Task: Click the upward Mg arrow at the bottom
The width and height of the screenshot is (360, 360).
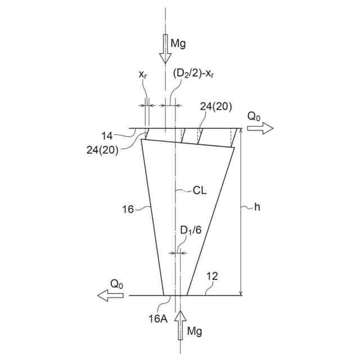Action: pyautogui.click(x=179, y=326)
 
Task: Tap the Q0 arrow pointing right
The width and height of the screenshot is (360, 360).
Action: pyautogui.click(x=260, y=128)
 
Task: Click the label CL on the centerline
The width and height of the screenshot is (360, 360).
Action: pyautogui.click(x=200, y=191)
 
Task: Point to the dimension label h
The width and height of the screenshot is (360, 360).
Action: pyautogui.click(x=257, y=207)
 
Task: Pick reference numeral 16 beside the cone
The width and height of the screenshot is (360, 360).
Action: pyautogui.click(x=128, y=209)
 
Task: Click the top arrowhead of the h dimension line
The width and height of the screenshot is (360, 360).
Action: pyautogui.click(x=241, y=131)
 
